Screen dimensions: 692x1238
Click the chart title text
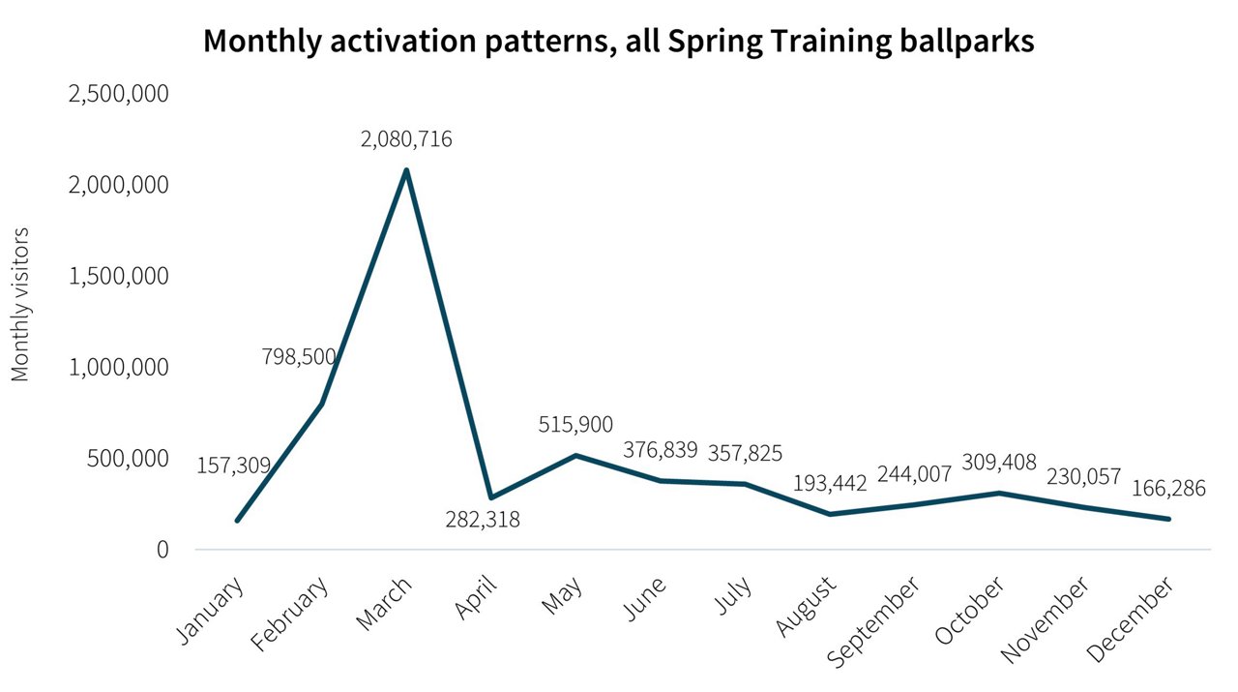pyautogui.click(x=618, y=41)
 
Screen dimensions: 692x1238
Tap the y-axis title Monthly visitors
pyautogui.click(x=20, y=305)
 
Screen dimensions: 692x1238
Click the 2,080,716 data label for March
pyautogui.click(x=406, y=139)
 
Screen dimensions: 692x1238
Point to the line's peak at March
pyautogui.click(x=406, y=170)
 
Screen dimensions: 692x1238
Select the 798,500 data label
pyautogui.click(x=299, y=356)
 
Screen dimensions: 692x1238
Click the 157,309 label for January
pyautogui.click(x=234, y=466)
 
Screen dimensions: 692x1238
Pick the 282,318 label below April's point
pyautogui.click(x=483, y=520)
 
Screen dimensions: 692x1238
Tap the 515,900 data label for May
pyautogui.click(x=575, y=424)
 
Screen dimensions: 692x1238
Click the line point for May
pyautogui.click(x=576, y=455)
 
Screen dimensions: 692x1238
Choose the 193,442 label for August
pyautogui.click(x=829, y=483)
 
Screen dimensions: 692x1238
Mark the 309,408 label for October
pyautogui.click(x=999, y=463)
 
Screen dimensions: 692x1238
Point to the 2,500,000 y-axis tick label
pyautogui.click(x=118, y=94)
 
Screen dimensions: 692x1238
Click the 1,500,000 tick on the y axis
pyautogui.click(x=118, y=276)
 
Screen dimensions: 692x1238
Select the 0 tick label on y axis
pyautogui.click(x=162, y=550)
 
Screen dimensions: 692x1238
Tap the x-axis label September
pyautogui.click(x=873, y=622)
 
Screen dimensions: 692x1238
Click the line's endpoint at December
pyautogui.click(x=1168, y=520)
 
